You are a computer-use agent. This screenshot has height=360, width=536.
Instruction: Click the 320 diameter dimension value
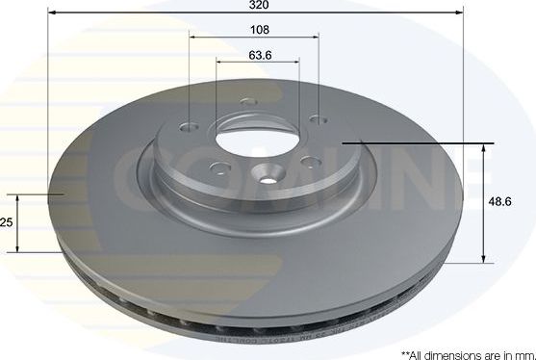tap(255, 5)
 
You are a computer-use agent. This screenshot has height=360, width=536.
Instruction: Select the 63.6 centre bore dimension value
tap(258, 54)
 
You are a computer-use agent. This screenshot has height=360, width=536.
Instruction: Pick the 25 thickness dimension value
tap(7, 222)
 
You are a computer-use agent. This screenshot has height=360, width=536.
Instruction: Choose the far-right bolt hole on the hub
tap(317, 118)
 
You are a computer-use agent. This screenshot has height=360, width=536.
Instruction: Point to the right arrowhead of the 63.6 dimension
tap(295, 64)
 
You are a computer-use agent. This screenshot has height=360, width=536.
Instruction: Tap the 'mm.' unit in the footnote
tap(525, 354)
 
